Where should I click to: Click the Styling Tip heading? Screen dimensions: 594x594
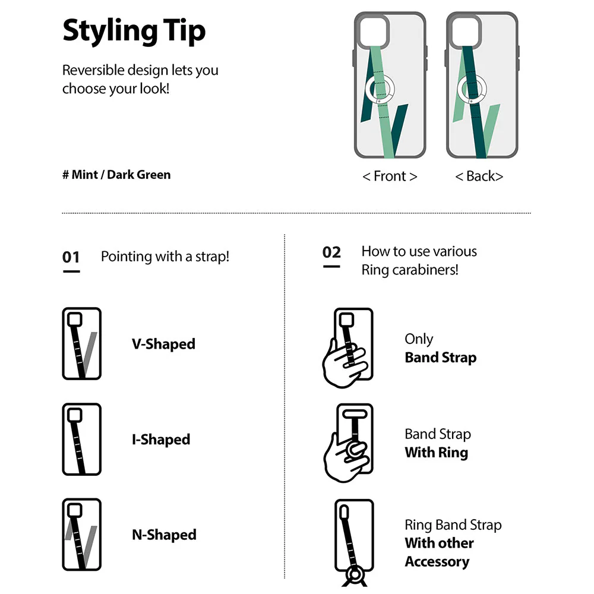pyautogui.click(x=134, y=31)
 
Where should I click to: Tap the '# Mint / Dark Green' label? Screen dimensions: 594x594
pyautogui.click(x=116, y=175)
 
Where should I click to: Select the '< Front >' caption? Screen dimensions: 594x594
pyautogui.click(x=390, y=176)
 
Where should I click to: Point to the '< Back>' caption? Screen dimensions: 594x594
pyautogui.click(x=479, y=176)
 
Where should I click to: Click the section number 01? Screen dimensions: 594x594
pyautogui.click(x=71, y=257)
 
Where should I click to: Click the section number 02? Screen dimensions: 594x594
pyautogui.click(x=331, y=252)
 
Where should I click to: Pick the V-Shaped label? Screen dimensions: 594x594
pyautogui.click(x=163, y=344)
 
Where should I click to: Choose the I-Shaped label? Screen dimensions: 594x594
pyautogui.click(x=161, y=440)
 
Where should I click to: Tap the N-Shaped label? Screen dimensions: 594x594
pyautogui.click(x=164, y=535)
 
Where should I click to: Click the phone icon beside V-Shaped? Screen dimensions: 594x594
pyautogui.click(x=81, y=344)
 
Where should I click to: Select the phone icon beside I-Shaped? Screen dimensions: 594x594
pyautogui.click(x=81, y=440)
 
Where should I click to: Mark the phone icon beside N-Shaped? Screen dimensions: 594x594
pyautogui.click(x=81, y=535)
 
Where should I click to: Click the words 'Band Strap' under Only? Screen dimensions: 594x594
pyautogui.click(x=440, y=358)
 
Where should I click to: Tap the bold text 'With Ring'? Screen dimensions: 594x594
pyautogui.click(x=436, y=453)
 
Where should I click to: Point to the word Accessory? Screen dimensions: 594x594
pyautogui.click(x=437, y=561)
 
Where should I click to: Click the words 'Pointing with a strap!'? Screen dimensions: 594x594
pyautogui.click(x=165, y=257)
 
